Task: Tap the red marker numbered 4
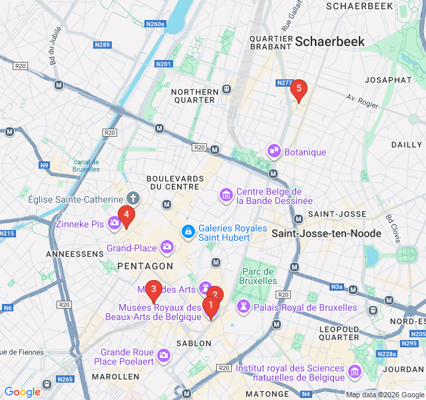point(126,215)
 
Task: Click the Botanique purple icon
point(273,152)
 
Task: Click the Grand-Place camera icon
point(167,248)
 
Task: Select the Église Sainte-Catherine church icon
point(133,199)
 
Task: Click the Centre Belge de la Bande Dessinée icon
point(226,195)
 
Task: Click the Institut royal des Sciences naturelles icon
point(354,370)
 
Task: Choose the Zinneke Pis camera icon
point(112,224)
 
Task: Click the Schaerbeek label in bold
point(329,41)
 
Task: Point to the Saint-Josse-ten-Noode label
point(326,233)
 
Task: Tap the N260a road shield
point(155,24)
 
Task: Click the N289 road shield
point(103,45)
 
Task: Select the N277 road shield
point(284,83)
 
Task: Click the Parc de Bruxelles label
point(258,276)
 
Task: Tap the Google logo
point(22,392)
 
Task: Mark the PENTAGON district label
point(144,266)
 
